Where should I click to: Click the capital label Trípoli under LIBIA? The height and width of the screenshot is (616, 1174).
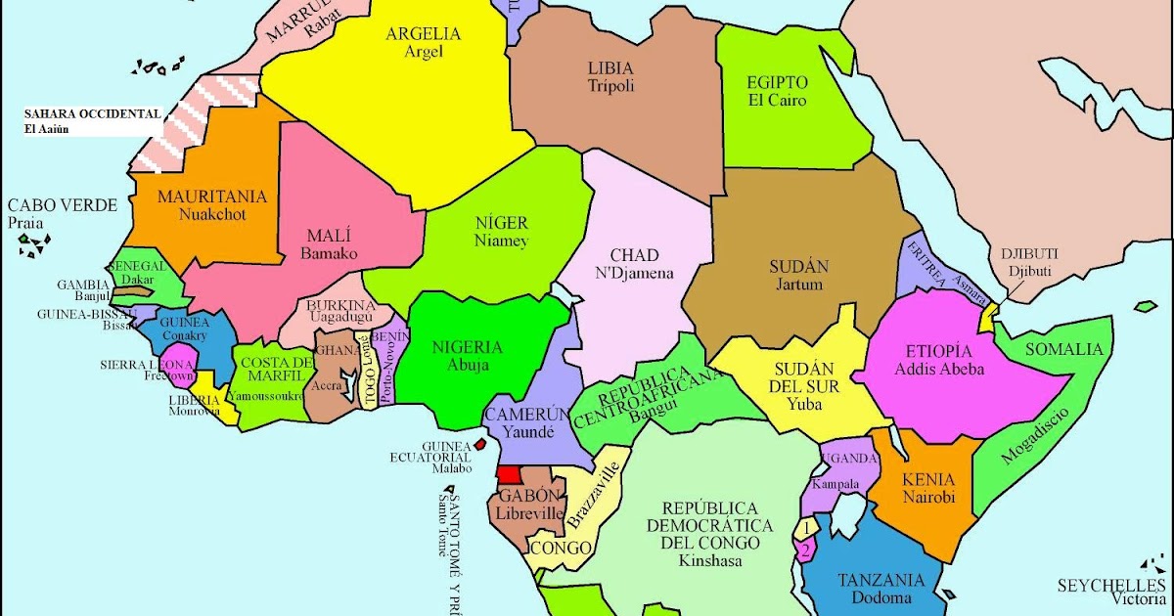point(611,87)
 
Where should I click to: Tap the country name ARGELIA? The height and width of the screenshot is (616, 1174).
point(423,34)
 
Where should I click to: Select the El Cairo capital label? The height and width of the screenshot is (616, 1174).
point(777,101)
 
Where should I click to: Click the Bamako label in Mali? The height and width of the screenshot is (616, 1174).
point(329,254)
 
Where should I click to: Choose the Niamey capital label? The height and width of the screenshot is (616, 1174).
point(501,242)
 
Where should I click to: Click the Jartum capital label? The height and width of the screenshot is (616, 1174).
point(799,286)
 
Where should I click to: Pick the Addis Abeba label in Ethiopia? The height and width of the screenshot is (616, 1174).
point(939,371)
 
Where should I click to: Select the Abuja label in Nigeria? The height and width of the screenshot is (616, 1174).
point(467,366)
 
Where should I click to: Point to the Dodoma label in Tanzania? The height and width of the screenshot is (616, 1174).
point(880,598)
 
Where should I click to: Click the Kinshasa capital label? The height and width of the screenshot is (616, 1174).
point(710,561)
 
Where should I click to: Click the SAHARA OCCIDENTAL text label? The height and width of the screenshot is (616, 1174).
point(93,114)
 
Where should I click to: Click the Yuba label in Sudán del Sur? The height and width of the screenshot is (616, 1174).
point(803,404)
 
